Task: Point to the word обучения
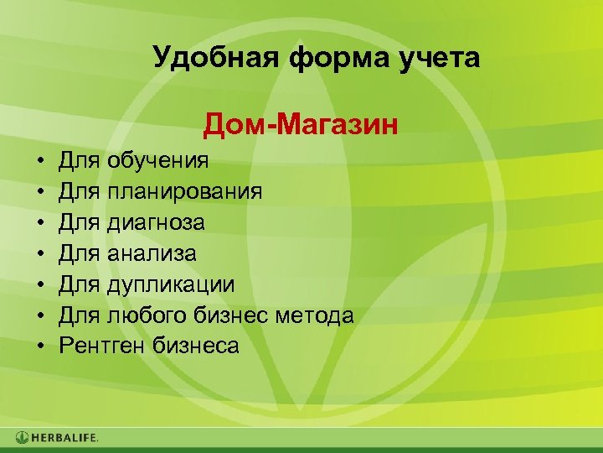coord(158,160)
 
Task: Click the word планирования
coord(184,191)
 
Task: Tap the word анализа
coord(152,253)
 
